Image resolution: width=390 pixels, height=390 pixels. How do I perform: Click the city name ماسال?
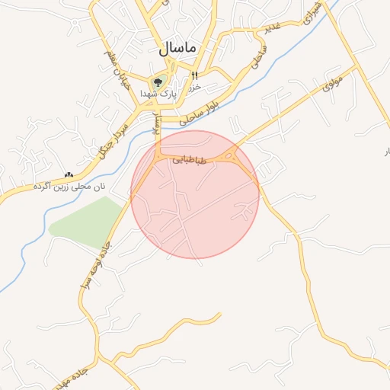[x=177, y=47]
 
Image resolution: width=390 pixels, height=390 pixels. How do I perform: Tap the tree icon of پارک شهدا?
[x=158, y=81]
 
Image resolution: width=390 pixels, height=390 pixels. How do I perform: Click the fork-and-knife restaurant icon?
[x=194, y=75]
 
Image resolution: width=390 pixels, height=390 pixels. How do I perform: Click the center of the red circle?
[x=195, y=194]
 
